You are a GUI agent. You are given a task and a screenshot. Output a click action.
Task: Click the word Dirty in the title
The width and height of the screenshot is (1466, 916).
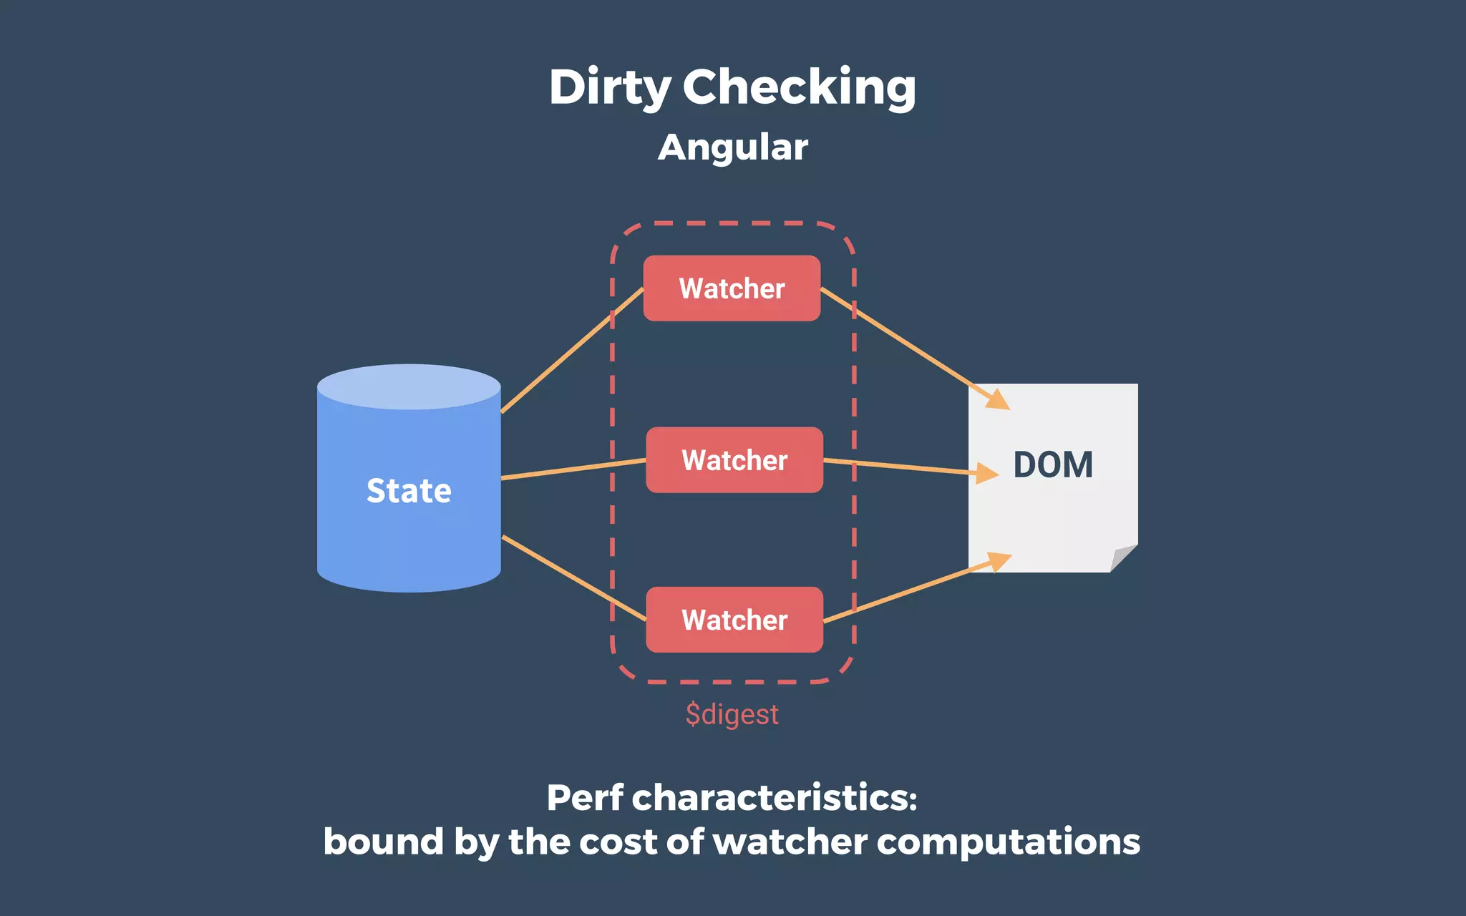pos(610,87)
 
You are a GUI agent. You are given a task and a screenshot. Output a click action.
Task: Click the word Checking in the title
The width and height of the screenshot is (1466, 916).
pos(799,87)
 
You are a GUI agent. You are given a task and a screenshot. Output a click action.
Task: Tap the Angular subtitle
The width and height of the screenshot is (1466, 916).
pos(732,147)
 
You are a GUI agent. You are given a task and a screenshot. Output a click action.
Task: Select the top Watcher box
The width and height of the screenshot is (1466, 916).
pos(732,288)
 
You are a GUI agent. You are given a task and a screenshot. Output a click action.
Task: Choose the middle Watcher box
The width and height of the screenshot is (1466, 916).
pos(734,460)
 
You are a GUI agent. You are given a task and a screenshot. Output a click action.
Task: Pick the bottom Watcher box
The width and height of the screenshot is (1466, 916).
pos(734,620)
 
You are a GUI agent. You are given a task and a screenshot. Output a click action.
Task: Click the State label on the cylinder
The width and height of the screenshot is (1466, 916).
pos(409,491)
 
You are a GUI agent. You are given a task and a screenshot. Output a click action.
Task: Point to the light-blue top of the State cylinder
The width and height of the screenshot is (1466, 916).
pos(409,386)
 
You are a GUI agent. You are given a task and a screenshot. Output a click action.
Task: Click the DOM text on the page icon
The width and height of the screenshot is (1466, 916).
pos(1053,465)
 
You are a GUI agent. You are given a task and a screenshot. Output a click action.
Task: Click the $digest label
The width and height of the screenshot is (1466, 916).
pos(732,714)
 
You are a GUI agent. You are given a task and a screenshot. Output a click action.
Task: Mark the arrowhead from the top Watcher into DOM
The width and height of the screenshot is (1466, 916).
pos(996,399)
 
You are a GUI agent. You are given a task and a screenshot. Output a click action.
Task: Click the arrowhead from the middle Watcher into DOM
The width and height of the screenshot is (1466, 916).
pos(988,472)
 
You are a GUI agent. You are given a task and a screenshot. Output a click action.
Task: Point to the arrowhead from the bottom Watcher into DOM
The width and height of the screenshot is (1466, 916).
pos(998,561)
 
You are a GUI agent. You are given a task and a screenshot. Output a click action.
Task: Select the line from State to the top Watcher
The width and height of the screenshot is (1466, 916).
pos(573,350)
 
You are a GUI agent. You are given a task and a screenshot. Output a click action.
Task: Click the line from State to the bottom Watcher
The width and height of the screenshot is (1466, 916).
pos(573,578)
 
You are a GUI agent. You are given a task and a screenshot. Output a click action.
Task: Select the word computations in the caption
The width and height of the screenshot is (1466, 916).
pos(1008,842)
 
